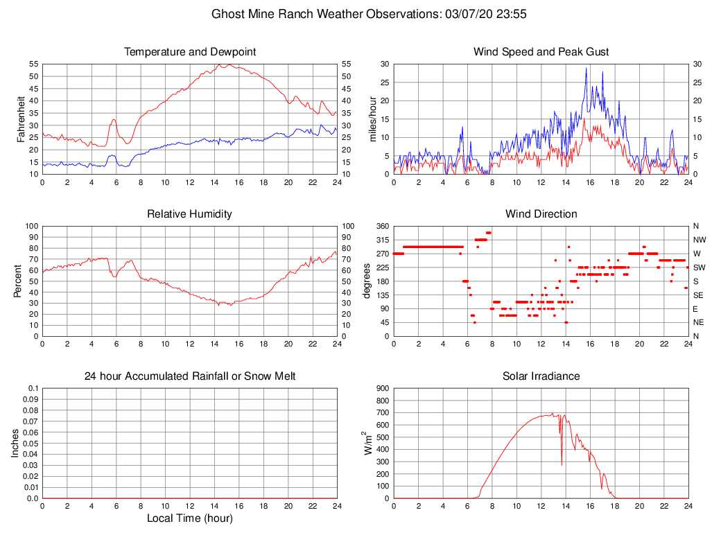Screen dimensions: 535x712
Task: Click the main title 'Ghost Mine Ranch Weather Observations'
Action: (x=356, y=13)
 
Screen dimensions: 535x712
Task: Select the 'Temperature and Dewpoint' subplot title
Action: (x=190, y=52)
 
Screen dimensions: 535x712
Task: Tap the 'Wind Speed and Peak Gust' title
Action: (x=541, y=52)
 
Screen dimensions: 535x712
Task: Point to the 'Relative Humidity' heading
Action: (x=190, y=214)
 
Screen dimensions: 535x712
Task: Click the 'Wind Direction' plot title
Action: (x=541, y=214)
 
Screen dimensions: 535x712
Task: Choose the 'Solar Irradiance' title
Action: (x=541, y=376)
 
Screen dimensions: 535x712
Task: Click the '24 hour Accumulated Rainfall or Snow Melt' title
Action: (x=190, y=376)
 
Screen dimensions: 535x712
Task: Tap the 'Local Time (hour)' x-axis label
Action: (x=190, y=518)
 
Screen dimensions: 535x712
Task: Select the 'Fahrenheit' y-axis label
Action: (x=21, y=119)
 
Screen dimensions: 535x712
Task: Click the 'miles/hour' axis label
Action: (x=372, y=119)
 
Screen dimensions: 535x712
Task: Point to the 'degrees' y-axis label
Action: (x=367, y=281)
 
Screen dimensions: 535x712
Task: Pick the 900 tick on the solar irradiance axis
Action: (x=383, y=388)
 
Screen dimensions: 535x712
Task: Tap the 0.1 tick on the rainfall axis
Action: (x=33, y=388)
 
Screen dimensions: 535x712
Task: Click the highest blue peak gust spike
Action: (x=587, y=68)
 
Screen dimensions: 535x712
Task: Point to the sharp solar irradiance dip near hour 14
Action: (x=562, y=464)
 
